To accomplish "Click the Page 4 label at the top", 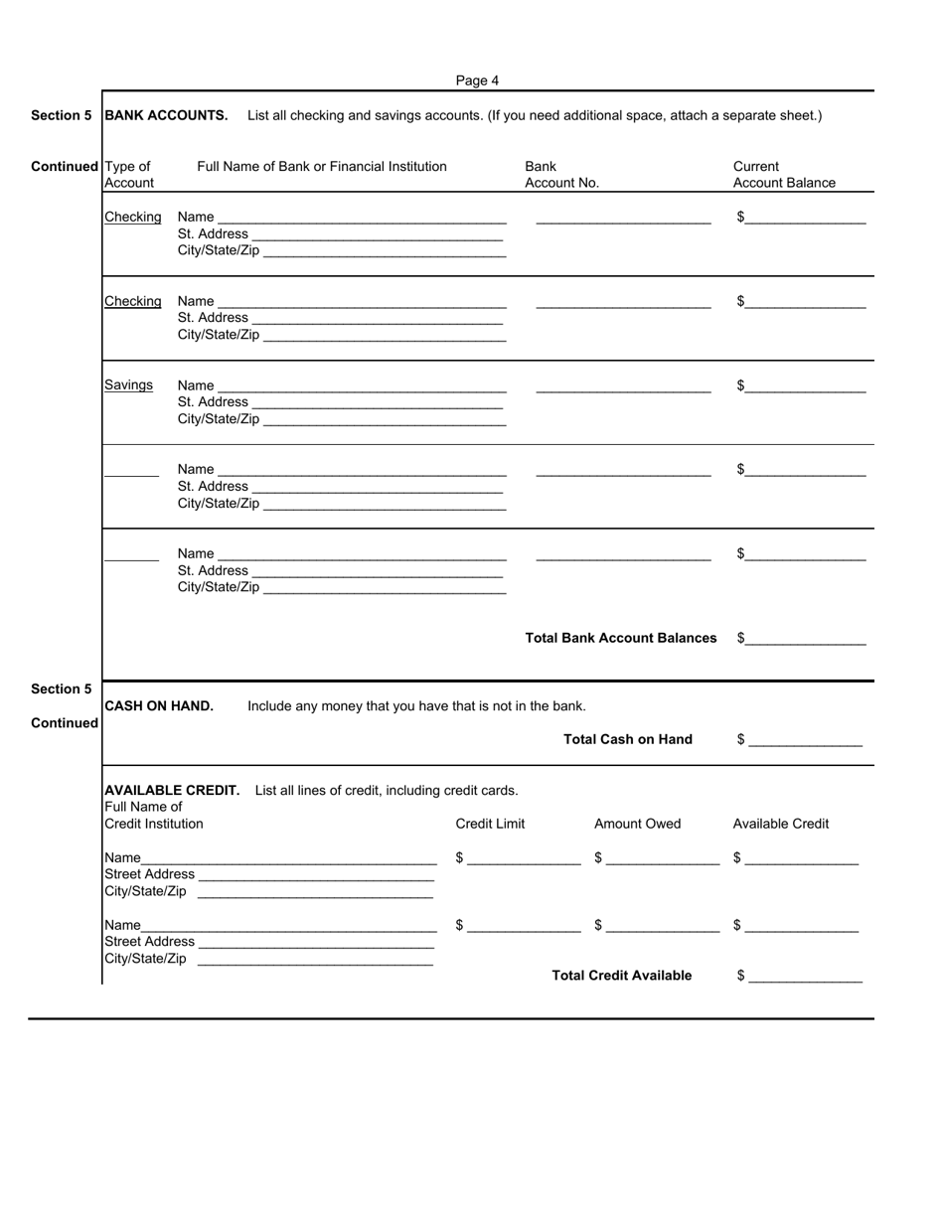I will [x=477, y=80].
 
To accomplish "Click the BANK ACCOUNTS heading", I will [x=166, y=115].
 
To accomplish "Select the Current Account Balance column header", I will [x=784, y=175].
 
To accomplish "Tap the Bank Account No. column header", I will [x=561, y=175].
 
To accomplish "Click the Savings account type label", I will [x=129, y=385].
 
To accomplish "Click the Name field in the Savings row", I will [x=362, y=386].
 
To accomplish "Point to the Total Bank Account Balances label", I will [x=621, y=638].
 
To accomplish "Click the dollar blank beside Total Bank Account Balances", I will [x=805, y=639].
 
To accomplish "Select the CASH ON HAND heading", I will [x=159, y=706].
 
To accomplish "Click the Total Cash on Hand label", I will [x=628, y=739].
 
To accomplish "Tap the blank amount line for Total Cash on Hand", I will [x=806, y=740].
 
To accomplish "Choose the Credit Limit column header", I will [x=490, y=824].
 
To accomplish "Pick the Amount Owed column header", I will [x=638, y=824].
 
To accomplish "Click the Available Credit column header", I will [x=780, y=824].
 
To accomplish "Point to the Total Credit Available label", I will [x=622, y=976].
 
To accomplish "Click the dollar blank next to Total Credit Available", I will [x=806, y=977].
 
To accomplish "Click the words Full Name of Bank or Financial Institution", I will [x=322, y=167].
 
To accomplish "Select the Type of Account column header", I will [x=128, y=175].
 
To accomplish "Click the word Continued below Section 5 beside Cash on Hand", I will [x=65, y=723].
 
